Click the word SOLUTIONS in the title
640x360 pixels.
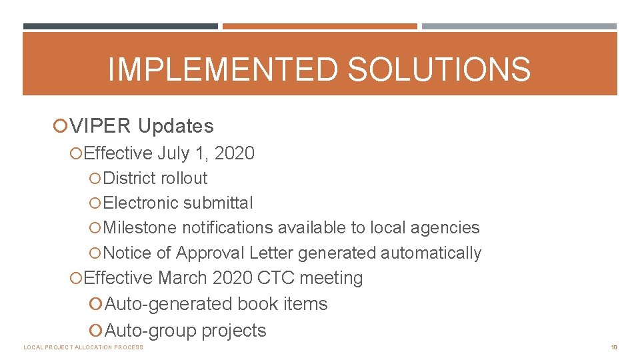439,69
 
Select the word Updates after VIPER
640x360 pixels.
176,126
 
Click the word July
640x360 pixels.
173,153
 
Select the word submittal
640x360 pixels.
218,203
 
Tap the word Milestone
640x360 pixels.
141,228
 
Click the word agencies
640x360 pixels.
445,228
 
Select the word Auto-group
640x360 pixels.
151,331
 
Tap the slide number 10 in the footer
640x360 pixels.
614,347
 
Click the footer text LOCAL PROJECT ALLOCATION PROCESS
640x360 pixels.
83,347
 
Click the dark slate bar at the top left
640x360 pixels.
120,27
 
